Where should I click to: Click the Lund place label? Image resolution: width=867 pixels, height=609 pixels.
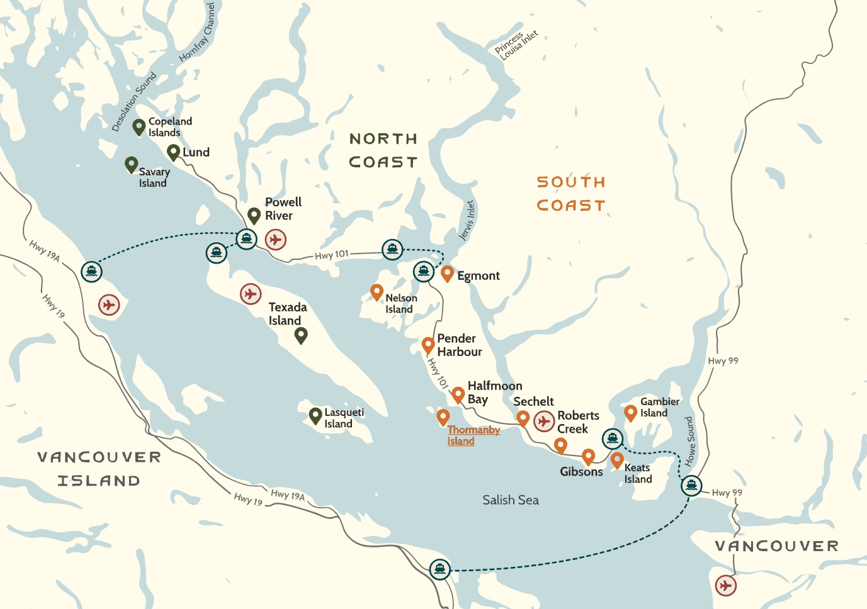(x=196, y=152)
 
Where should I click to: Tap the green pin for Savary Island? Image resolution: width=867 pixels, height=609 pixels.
(x=131, y=164)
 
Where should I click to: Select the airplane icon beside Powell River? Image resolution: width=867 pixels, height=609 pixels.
(x=276, y=240)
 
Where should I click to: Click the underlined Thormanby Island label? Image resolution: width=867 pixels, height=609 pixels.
(x=473, y=435)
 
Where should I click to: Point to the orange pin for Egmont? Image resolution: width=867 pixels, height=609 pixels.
(x=447, y=273)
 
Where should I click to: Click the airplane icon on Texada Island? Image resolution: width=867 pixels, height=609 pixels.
(x=251, y=294)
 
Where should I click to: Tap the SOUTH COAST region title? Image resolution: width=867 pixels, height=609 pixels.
(x=570, y=194)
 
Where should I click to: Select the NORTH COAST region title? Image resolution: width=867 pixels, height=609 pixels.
(x=383, y=150)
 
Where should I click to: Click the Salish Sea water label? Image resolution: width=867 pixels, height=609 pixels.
(x=510, y=500)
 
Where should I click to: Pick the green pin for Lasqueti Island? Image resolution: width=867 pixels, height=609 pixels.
(x=315, y=415)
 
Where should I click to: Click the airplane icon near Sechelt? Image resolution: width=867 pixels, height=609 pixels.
(x=544, y=421)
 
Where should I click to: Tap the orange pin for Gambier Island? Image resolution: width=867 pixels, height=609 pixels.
(x=630, y=412)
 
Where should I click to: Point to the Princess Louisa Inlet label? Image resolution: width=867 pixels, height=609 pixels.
(x=516, y=45)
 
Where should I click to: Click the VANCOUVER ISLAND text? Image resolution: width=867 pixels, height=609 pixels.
(x=99, y=469)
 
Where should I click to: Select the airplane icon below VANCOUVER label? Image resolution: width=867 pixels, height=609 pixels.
(x=726, y=586)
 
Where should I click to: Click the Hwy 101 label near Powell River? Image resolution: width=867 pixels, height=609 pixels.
(x=331, y=255)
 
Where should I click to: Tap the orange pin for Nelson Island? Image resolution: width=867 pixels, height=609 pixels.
(x=377, y=291)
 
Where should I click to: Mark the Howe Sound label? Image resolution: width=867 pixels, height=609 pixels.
(x=690, y=440)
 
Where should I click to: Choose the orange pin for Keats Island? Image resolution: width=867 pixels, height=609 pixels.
(x=617, y=459)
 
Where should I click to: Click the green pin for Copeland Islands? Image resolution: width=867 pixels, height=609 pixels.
(x=139, y=126)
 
